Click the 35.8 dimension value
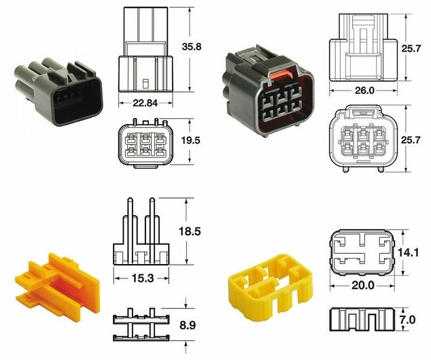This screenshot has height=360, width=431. [x=192, y=46]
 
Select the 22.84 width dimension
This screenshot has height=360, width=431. [x=145, y=103]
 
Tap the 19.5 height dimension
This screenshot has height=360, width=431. [x=190, y=140]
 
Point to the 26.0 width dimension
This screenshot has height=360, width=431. [x=364, y=91]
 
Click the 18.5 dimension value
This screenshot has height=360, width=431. [x=190, y=231]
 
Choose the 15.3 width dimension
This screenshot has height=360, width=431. [x=142, y=278]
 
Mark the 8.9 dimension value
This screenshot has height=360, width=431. [x=188, y=325]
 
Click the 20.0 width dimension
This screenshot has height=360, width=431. [x=363, y=286]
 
